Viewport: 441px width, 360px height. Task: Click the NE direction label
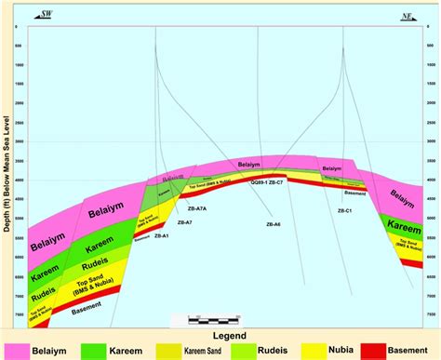coord(406,15)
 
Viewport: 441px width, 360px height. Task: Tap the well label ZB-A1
coord(160,236)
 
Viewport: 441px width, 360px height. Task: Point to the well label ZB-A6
coord(274,225)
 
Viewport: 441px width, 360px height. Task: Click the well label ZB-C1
coord(344,211)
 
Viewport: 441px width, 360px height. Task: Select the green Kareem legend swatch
coord(102,352)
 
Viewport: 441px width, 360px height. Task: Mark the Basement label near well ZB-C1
coord(352,193)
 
